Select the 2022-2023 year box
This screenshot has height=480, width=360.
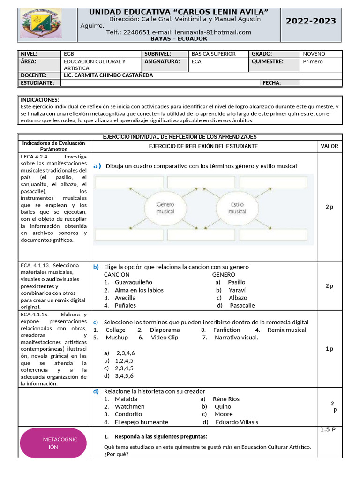coord(311,21)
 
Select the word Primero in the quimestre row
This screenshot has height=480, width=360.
coord(313,61)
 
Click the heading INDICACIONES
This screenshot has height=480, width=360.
coord(40,100)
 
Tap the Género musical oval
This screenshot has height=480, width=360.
coord(165,208)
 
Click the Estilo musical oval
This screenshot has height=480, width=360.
coord(237,208)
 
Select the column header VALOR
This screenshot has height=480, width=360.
coord(329,146)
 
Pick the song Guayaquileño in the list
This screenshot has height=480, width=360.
coord(134,282)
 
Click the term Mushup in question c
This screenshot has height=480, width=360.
coord(117,337)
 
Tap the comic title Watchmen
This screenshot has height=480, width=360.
coord(129,406)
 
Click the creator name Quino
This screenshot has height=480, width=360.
coord(222,406)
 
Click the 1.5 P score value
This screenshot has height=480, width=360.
coord(329,429)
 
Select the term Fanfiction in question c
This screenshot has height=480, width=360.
coord(226,330)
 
